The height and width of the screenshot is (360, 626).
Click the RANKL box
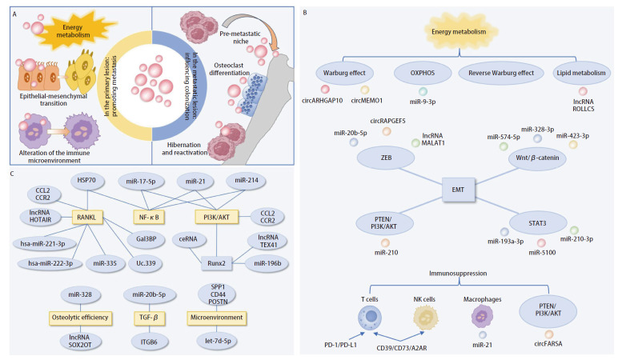click(86, 217)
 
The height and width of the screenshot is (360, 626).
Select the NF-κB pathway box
click(149, 217)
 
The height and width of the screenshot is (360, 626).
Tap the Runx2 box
click(216, 263)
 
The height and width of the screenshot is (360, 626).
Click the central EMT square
click(459, 190)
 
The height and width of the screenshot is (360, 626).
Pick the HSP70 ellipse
click(86, 180)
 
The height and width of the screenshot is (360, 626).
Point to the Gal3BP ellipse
click(146, 239)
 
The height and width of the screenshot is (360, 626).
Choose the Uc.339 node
click(146, 263)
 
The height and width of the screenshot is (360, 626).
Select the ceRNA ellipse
click(188, 239)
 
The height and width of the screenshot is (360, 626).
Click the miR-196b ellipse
click(267, 263)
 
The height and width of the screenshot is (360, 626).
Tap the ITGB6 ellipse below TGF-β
click(149, 342)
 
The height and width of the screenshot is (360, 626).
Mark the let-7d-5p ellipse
click(218, 341)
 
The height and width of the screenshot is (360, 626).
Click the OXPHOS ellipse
click(423, 73)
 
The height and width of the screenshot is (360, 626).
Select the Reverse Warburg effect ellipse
click(501, 73)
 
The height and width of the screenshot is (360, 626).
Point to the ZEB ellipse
click(386, 158)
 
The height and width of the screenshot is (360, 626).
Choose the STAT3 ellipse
click(537, 223)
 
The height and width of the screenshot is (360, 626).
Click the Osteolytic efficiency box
click(80, 318)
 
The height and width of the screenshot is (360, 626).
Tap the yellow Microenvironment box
click(217, 318)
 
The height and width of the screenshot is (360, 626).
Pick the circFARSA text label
click(548, 344)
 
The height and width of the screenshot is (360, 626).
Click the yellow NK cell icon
click(425, 318)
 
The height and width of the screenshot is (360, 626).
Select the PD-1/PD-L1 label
click(340, 345)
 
